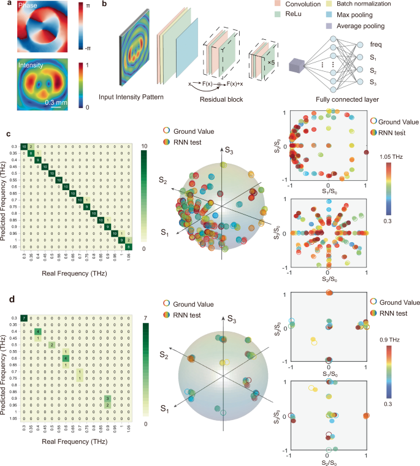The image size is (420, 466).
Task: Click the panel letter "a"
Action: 4,5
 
